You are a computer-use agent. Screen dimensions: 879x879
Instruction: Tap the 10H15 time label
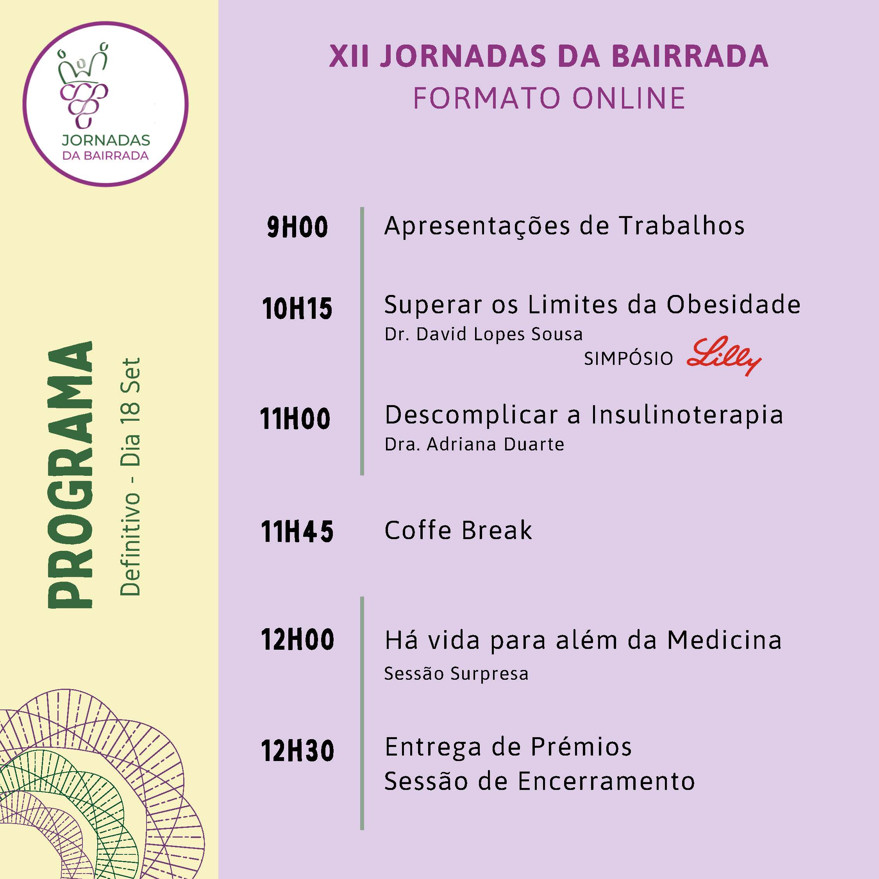(x=297, y=309)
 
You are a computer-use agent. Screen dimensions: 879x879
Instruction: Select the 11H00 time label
(x=295, y=418)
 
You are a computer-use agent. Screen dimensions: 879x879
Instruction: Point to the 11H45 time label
(x=297, y=531)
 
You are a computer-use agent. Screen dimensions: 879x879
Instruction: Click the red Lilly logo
(x=724, y=356)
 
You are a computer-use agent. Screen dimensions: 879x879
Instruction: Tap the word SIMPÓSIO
(x=628, y=359)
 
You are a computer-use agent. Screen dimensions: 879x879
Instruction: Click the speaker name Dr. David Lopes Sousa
(x=484, y=334)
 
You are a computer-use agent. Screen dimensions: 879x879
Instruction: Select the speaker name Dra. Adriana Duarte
(x=475, y=445)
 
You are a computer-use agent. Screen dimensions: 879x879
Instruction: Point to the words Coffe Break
(x=458, y=530)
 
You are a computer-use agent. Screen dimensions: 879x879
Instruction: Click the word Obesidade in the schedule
(x=733, y=304)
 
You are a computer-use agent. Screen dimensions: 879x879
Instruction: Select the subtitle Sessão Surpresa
(x=456, y=674)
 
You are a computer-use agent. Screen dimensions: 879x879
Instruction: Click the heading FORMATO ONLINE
(x=549, y=98)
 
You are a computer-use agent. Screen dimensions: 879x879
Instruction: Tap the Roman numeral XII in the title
(x=349, y=56)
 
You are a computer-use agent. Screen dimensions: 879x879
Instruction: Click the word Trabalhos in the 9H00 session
(x=682, y=226)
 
